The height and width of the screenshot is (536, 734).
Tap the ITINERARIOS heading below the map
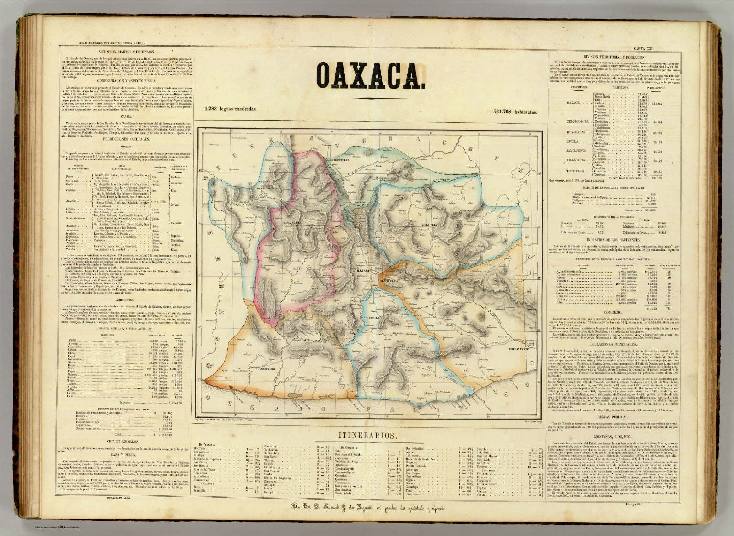367,435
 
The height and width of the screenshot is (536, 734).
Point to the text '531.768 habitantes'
515,112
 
